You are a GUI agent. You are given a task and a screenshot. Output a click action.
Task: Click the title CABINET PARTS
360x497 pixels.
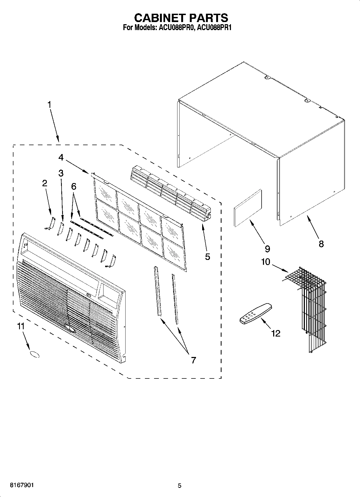181,18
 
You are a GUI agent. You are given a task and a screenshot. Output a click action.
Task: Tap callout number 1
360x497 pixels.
49,105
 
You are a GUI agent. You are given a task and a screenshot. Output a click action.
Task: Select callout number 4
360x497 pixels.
61,157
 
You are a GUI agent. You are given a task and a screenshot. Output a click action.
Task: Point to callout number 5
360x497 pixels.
207,257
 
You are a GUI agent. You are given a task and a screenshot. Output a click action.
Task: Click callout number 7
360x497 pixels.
193,360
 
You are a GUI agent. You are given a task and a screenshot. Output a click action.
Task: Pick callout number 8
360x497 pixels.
321,244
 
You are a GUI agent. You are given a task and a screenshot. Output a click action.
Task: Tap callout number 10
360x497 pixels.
265,262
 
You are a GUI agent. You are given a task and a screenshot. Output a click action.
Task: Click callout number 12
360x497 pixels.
276,334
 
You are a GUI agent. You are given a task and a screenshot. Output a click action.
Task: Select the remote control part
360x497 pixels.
256,314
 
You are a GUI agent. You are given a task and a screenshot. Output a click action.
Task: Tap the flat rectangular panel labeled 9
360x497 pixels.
248,208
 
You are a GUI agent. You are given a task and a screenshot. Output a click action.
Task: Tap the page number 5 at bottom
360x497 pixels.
180,485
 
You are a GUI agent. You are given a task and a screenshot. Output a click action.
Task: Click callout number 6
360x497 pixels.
73,186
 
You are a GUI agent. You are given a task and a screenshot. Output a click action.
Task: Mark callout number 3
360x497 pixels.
61,173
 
